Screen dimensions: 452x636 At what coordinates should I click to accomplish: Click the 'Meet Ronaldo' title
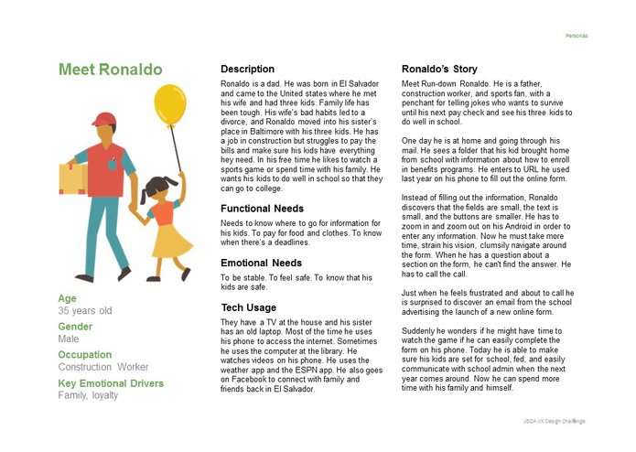pos(110,70)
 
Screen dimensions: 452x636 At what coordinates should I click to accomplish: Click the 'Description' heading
pos(247,70)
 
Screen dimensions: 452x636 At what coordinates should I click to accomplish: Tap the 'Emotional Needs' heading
pos(262,264)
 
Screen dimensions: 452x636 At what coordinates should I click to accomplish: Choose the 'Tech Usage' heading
pos(248,307)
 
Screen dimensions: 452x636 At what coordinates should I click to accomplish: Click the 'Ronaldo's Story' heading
pos(439,70)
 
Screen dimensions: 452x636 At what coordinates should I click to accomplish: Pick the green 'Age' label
pos(67,298)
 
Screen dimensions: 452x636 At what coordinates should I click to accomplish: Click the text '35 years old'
pos(84,311)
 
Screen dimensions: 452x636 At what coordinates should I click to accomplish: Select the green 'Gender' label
pos(75,327)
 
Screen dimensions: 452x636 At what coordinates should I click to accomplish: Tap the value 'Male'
pos(69,339)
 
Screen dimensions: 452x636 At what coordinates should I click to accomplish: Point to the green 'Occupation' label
pos(85,355)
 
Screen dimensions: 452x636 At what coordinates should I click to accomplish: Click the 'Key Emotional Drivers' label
pos(111,383)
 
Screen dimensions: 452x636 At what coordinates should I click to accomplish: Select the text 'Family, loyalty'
pos(88,396)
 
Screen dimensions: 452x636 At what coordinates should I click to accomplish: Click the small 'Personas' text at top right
pos(577,36)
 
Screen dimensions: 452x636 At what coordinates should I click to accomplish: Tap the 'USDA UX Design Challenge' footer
pos(554,421)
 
